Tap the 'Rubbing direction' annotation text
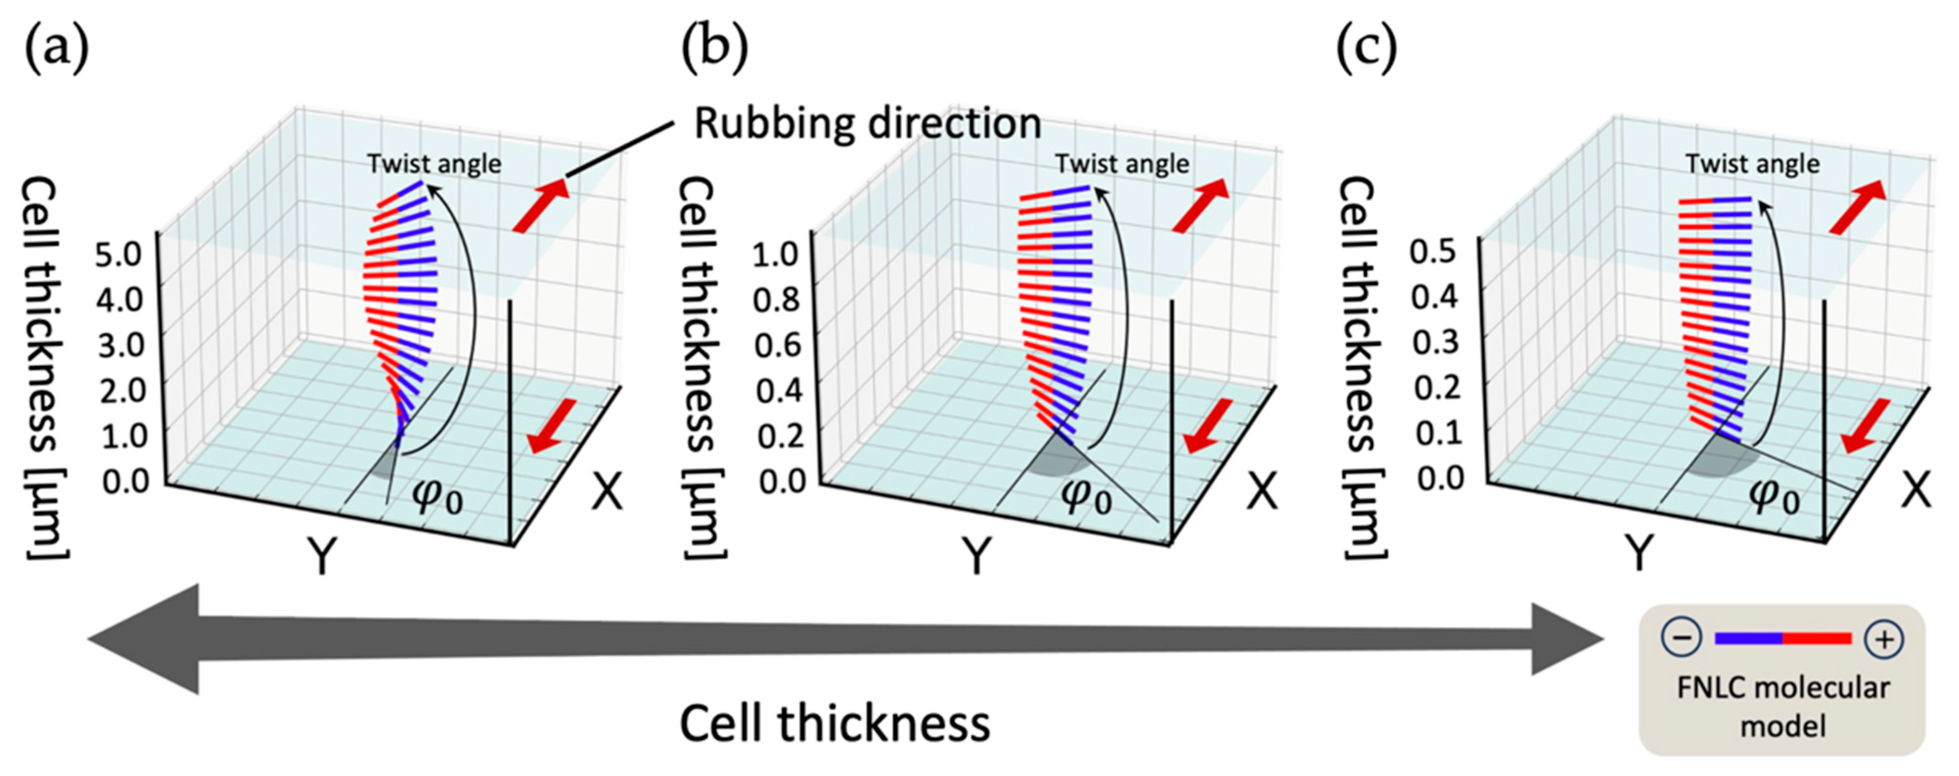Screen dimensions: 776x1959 tap(868, 123)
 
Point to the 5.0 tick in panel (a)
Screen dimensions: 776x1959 tap(118, 253)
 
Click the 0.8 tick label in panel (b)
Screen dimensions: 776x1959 tap(776, 299)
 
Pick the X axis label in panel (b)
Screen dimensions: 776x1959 tap(1263, 493)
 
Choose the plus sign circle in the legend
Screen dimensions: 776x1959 tap(1884, 639)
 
